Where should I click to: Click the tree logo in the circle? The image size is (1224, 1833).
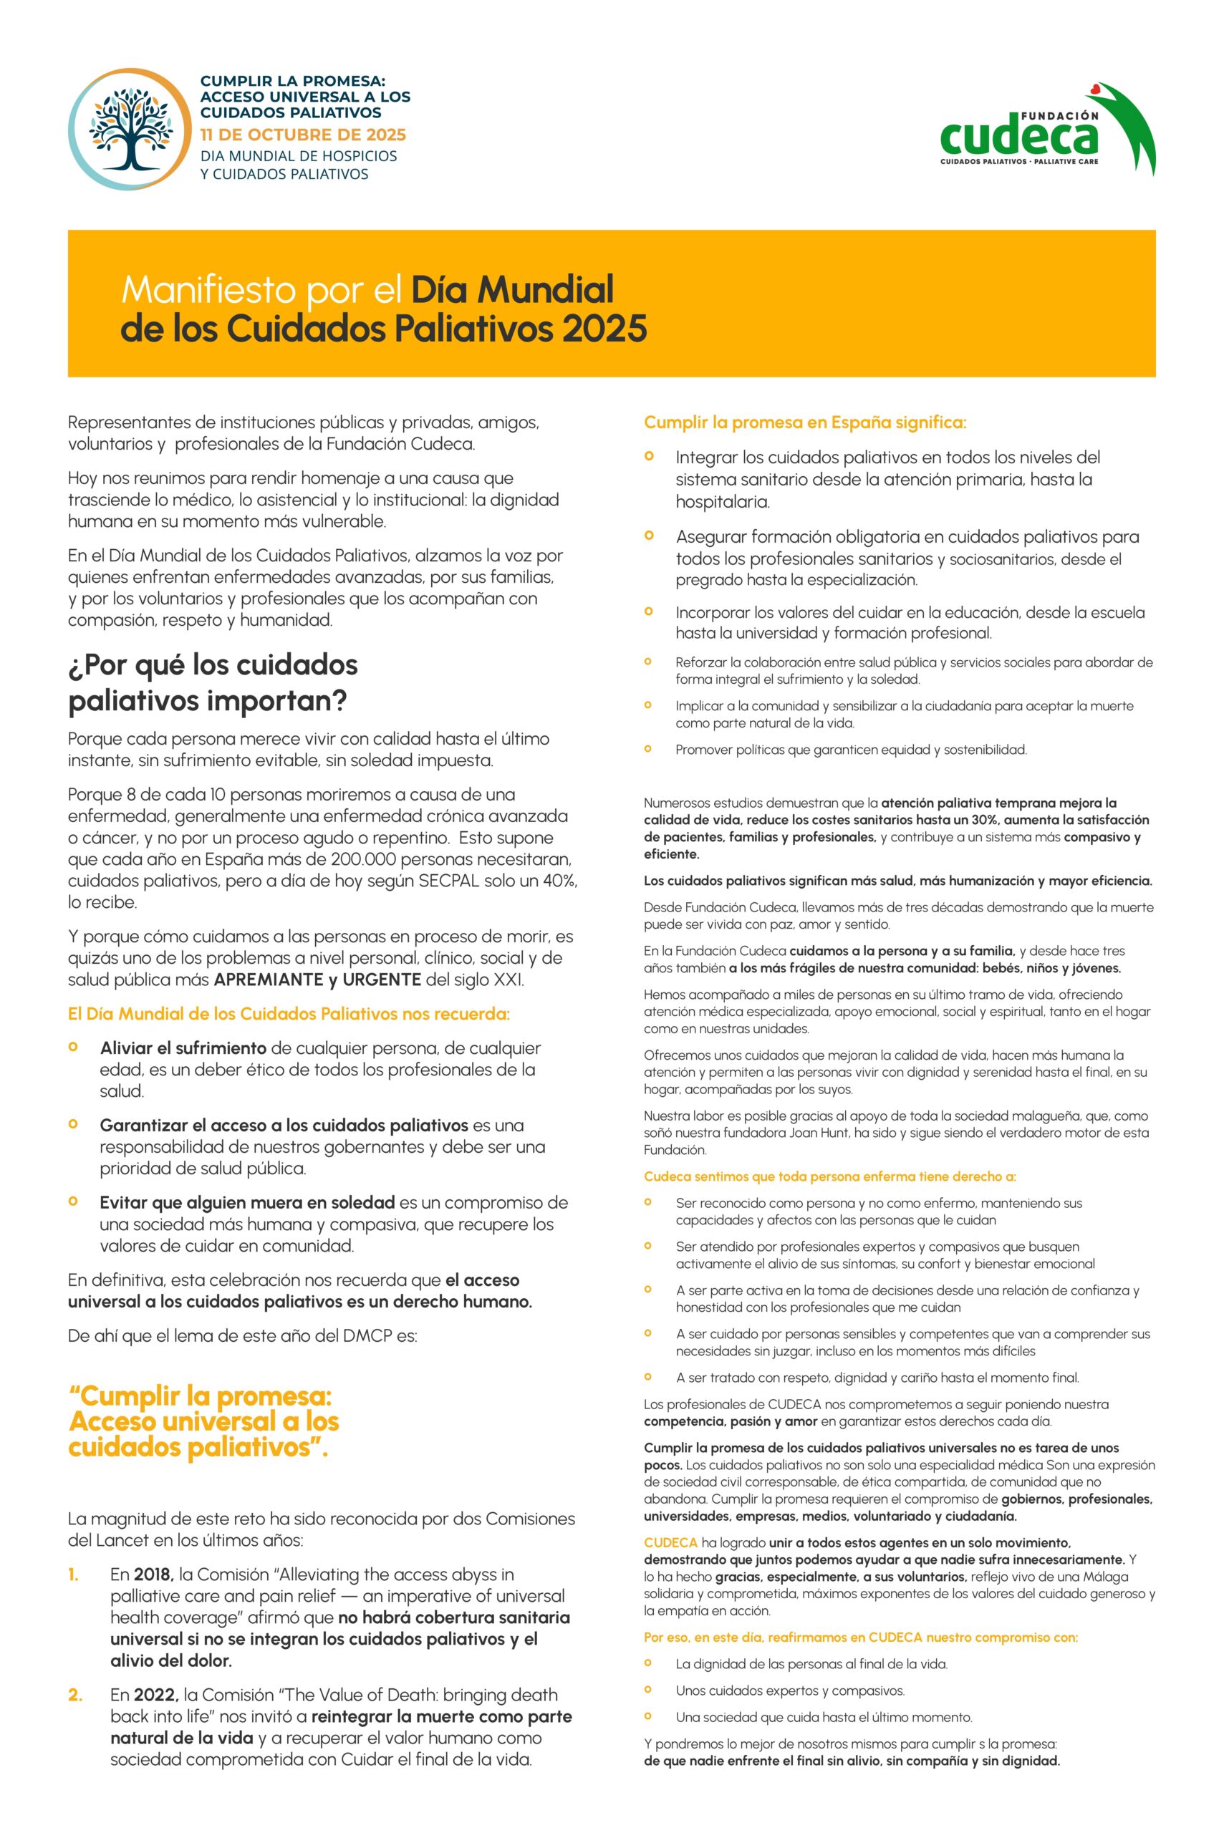(x=130, y=130)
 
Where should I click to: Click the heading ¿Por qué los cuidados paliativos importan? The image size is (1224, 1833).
(x=212, y=683)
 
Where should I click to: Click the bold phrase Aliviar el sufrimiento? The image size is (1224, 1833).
(x=183, y=1048)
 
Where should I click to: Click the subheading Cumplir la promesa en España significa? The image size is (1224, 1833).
(x=805, y=423)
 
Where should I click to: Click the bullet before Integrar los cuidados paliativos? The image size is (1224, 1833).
(x=649, y=455)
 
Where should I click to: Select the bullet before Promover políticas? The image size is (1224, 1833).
(x=648, y=749)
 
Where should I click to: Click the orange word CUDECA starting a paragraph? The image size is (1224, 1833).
(x=670, y=1543)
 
